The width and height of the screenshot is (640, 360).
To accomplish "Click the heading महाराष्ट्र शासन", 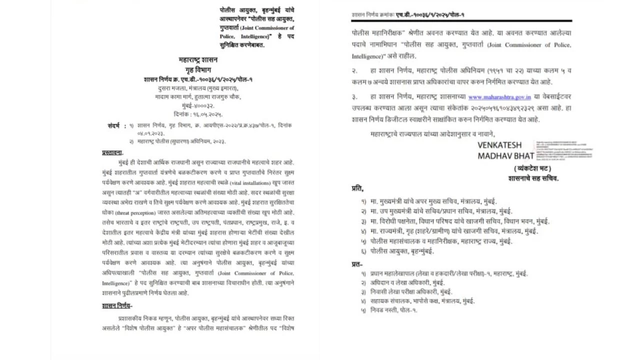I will [x=198, y=60].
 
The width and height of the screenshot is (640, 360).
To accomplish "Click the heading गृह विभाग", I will [x=198, y=70].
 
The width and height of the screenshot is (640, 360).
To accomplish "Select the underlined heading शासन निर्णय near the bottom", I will [x=116, y=306].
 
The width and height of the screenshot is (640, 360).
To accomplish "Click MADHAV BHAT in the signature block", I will [x=505, y=155].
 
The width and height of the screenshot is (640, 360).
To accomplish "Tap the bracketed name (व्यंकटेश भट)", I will [x=532, y=169].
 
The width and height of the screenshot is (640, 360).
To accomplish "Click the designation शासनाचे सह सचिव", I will [x=533, y=178].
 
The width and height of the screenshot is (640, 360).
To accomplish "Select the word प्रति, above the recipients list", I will [x=357, y=188].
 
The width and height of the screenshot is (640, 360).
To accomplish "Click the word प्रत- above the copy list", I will [x=357, y=264].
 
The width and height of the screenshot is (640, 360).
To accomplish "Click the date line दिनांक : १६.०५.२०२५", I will [x=198, y=114].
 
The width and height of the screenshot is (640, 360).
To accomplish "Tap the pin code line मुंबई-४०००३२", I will [x=198, y=106].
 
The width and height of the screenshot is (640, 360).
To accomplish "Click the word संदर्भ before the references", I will [x=114, y=125].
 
